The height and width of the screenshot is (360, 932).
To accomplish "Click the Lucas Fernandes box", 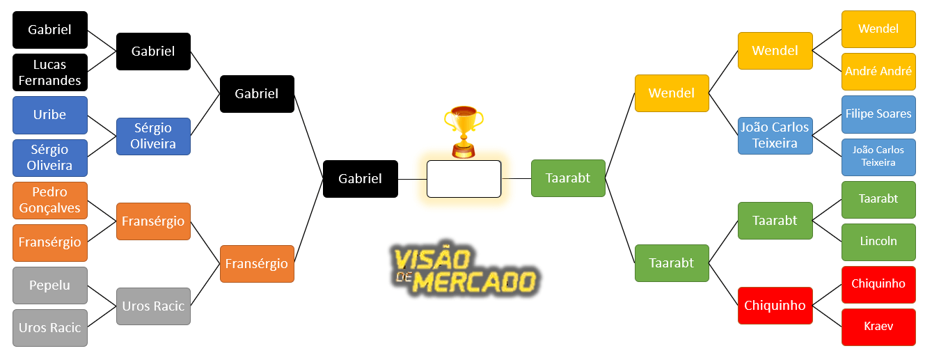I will point(50,72).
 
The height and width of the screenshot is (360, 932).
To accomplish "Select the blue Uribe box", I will point(50,115).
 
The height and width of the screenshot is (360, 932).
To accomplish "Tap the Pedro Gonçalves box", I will point(50,200).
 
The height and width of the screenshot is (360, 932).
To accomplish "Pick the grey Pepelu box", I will point(50,285).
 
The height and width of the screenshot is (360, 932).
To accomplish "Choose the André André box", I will point(878,72).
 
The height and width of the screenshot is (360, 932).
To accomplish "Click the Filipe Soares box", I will point(878,114).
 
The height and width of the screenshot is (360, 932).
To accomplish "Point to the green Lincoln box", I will point(878,242).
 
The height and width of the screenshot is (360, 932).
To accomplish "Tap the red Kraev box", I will point(878,327).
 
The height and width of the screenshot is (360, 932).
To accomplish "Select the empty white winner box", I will point(464,179).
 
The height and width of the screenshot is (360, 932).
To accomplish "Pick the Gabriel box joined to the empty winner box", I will point(361,179).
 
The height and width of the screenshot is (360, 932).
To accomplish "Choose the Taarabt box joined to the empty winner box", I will point(568,178).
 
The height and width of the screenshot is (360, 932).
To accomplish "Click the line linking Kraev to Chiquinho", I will point(827,316).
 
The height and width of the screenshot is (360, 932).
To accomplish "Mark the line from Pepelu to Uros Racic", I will point(102,296).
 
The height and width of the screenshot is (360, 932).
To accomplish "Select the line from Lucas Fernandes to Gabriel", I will point(102,61).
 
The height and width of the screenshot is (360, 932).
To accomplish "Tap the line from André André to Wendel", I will point(827,61).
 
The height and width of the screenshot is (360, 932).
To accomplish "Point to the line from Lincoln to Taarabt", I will point(827,231).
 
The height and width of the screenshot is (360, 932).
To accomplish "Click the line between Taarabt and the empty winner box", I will point(516,179).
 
